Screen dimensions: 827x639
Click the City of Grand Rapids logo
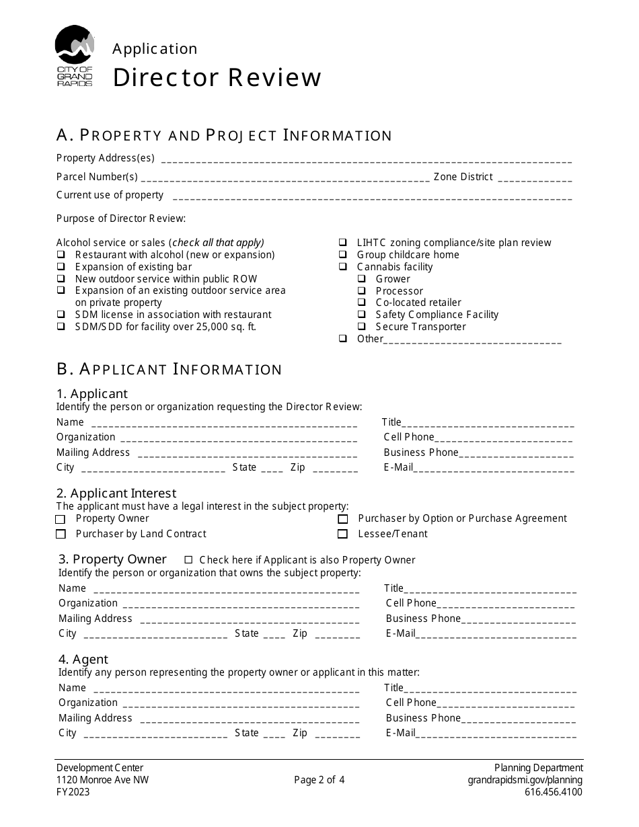tap(74, 55)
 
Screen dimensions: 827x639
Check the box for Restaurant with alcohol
tap(61, 255)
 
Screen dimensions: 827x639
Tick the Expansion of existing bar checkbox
tap(61, 267)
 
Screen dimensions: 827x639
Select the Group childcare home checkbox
tap(343, 255)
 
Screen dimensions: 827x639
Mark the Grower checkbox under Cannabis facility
tap(362, 279)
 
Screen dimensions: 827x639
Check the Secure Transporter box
tap(362, 327)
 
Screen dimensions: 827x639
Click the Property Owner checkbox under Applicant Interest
tap(61, 519)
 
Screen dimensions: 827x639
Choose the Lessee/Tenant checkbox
tap(343, 534)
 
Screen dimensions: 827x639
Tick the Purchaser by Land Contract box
tap(61, 534)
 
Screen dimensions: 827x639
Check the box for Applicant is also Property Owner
tap(188, 559)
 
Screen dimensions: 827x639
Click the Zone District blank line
tap(535, 179)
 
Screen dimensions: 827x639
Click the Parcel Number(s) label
tap(97, 177)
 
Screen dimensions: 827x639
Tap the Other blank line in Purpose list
tap(472, 341)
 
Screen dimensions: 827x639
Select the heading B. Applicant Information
tap(169, 369)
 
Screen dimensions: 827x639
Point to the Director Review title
tap(217, 78)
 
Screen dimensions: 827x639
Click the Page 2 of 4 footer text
tap(319, 780)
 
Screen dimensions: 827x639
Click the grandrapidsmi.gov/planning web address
tap(525, 780)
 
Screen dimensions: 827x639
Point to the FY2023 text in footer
tap(73, 792)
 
